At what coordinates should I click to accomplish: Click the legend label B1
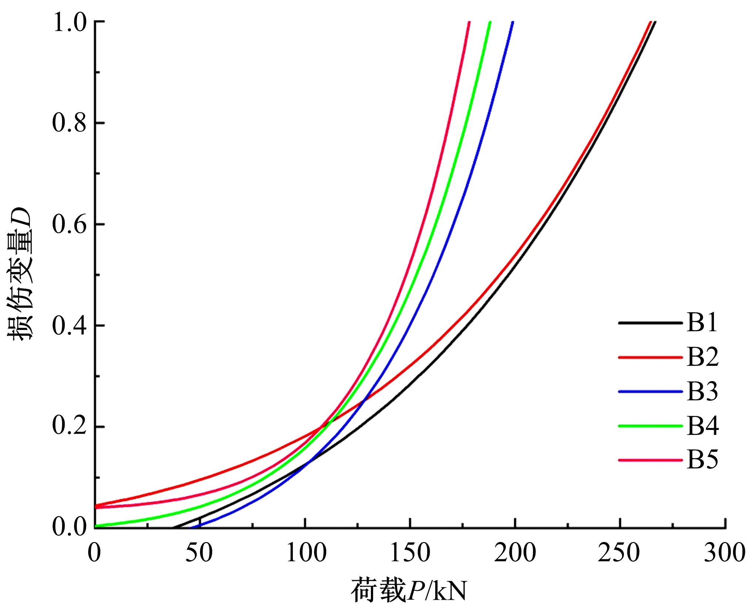coord(702,323)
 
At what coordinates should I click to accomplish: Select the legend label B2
coord(702,357)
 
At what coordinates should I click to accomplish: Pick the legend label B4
coord(702,426)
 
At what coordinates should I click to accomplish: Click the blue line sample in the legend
coord(650,391)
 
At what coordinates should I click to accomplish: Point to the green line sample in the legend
coord(650,426)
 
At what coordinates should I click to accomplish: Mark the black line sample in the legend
coord(650,323)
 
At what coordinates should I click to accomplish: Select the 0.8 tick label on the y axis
coord(70,123)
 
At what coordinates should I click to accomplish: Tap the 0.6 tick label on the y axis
coord(70,224)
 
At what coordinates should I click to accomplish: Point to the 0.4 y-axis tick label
coord(70,326)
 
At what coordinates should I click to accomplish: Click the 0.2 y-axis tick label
coord(70,427)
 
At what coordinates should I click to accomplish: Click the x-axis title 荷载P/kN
coord(409,591)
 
